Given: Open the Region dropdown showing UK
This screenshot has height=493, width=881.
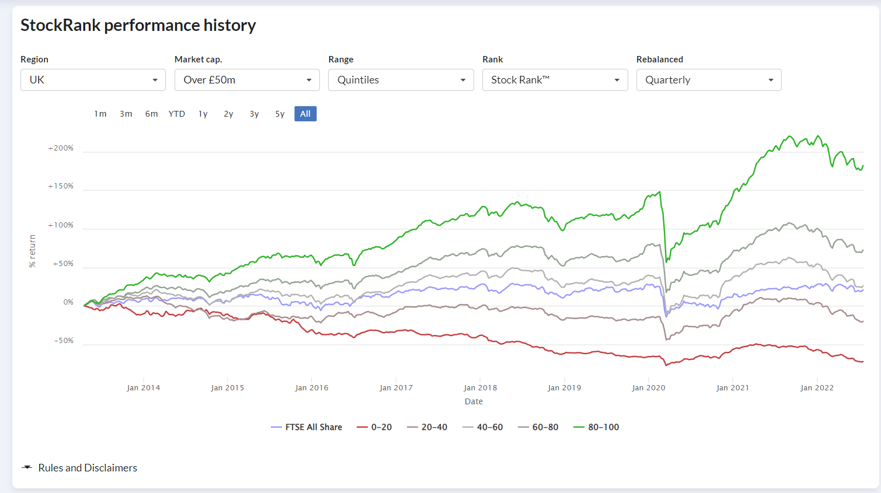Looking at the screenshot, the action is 93,80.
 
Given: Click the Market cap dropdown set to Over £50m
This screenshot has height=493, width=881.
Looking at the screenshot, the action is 247,80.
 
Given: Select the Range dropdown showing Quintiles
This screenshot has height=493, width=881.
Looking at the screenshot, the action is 401,80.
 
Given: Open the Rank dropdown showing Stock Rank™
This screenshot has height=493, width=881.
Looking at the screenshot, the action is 555,80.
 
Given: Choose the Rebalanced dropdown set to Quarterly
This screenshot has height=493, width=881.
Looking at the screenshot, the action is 709,80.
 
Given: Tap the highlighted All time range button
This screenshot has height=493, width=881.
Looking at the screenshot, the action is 305,114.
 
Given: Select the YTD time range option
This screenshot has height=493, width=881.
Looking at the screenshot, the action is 176,114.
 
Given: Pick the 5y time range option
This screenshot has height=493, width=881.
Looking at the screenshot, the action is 280,114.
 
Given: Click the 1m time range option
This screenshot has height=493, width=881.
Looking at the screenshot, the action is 100,114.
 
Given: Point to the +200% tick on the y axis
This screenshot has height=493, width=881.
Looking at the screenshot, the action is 61,148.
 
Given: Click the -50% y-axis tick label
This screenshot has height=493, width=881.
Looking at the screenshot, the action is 64,341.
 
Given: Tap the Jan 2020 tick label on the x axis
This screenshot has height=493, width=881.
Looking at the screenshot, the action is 649,387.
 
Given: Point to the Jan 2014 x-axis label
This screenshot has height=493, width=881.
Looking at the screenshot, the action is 143,387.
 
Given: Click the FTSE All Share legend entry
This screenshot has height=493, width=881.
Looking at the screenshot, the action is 307,427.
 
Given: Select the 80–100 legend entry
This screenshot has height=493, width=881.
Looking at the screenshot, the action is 596,427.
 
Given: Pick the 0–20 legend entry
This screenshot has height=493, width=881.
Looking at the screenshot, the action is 374,427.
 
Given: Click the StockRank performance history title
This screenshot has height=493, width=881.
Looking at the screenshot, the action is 138,25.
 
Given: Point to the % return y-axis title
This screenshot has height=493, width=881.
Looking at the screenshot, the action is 32,251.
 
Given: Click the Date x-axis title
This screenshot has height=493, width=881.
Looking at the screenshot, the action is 473,401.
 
